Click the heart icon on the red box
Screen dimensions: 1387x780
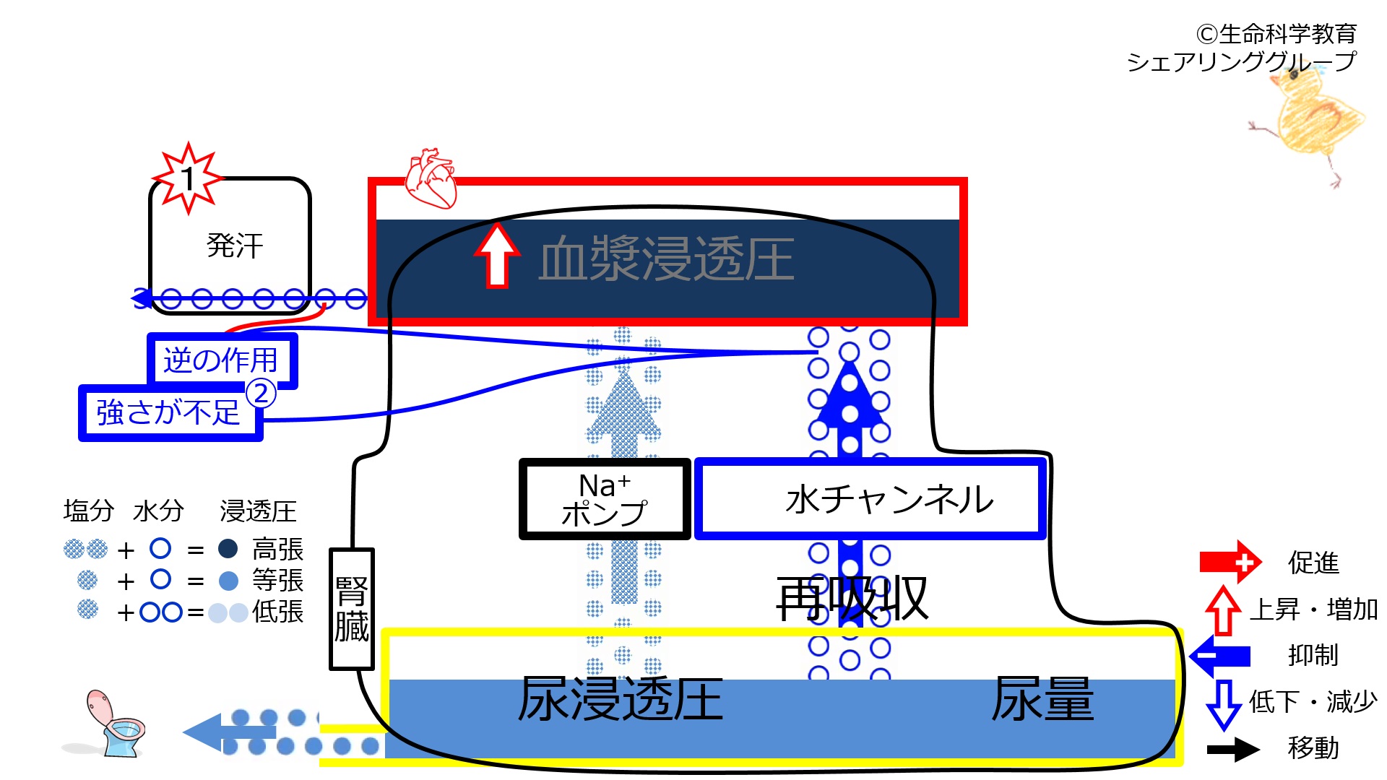431,178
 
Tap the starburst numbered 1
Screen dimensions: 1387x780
188,178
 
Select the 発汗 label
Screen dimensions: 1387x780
235,246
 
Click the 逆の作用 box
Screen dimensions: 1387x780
222,359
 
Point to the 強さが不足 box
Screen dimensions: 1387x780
169,412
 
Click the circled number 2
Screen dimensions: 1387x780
261,394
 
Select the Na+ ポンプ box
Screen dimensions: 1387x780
605,499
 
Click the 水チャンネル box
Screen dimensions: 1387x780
870,499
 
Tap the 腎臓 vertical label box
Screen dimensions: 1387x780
351,609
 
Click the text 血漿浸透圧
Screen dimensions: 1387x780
666,259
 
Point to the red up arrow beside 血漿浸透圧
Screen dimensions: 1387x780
497,256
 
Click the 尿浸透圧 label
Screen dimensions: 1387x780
621,698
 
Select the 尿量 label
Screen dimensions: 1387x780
1042,698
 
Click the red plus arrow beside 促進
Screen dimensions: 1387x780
1230,562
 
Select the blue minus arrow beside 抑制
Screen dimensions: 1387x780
1220,656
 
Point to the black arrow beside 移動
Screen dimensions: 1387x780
1233,749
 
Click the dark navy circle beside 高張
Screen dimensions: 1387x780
228,549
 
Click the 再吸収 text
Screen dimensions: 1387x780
852,599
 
